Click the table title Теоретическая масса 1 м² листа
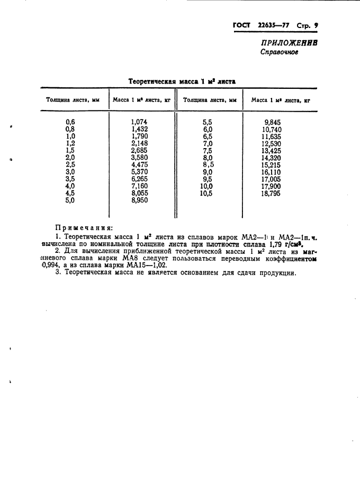[182, 81]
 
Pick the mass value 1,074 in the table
[139, 122]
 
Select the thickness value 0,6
[70, 122]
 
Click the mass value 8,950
[139, 200]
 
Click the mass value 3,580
[139, 158]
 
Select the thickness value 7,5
[207, 150]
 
